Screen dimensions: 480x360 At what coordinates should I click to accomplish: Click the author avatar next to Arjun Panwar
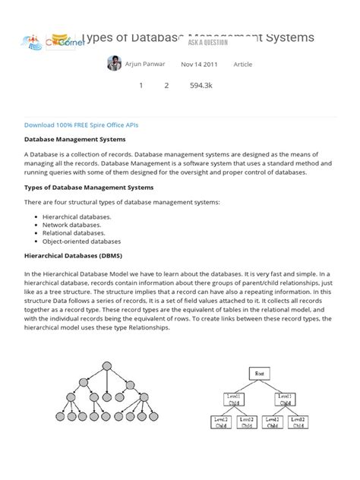pos(114,64)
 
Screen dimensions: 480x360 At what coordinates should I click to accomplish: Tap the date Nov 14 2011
pos(199,65)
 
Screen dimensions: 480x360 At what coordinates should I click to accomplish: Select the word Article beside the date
pos(243,65)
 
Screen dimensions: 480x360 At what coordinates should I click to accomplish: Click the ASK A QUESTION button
pos(202,43)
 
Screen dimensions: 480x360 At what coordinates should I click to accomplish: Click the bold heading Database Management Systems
pos(74,140)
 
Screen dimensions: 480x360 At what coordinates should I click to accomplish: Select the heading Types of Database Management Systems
pos(89,187)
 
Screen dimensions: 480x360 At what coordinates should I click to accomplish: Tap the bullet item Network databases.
pos(72,225)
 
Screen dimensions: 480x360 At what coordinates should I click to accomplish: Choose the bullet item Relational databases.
pos(74,233)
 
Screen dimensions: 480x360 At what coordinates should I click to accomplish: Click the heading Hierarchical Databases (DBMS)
pos(73,257)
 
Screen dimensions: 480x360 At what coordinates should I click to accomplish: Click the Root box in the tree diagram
pos(259,374)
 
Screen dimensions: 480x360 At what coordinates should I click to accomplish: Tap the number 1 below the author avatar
pos(141,86)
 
